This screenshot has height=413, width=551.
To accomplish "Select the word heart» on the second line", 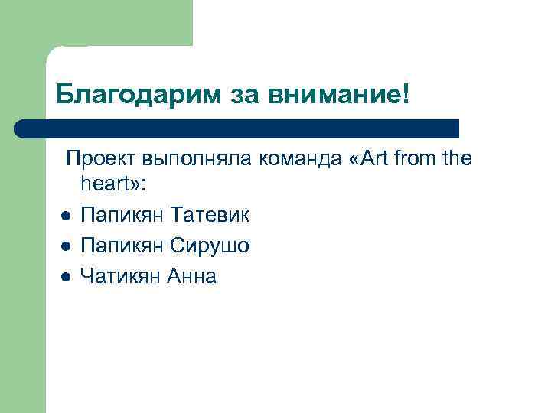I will click(106, 187).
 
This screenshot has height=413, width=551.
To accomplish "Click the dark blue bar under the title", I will click(237, 128).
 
